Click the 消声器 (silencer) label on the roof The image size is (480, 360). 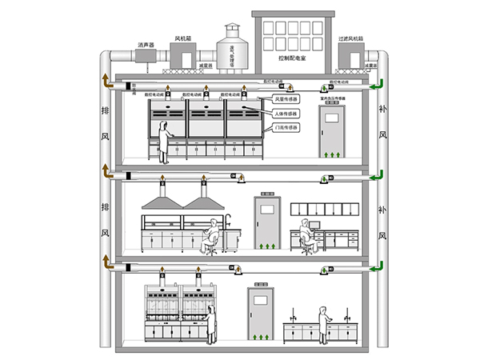click(146, 45)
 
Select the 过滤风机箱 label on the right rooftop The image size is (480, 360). click(352, 37)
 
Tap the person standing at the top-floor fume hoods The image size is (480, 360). click(165, 139)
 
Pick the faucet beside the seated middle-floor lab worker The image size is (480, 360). click(229, 220)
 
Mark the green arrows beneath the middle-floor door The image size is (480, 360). click(266, 242)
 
